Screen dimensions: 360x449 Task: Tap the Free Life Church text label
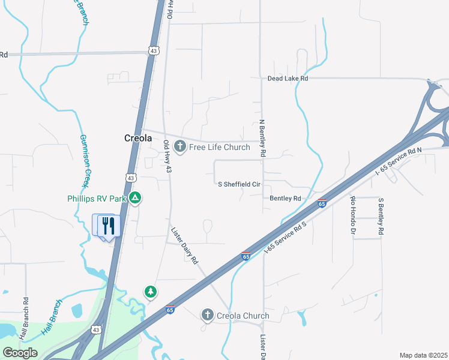tap(220, 147)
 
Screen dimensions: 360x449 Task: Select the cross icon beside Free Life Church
tap(179, 146)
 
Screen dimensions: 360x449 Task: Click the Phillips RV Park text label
tap(98, 199)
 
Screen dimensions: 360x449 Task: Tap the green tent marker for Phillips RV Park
tap(136, 197)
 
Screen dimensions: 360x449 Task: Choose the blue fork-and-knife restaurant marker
tap(109, 226)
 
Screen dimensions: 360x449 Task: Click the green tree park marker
tap(150, 292)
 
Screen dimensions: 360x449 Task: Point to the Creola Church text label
tap(243, 316)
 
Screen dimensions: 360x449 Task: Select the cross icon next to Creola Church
tap(207, 315)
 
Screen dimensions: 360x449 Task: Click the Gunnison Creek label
tap(85, 160)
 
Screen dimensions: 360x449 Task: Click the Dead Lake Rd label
tap(288, 79)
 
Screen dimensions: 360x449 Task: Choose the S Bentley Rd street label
tap(381, 216)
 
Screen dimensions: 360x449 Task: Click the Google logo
tap(20, 353)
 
